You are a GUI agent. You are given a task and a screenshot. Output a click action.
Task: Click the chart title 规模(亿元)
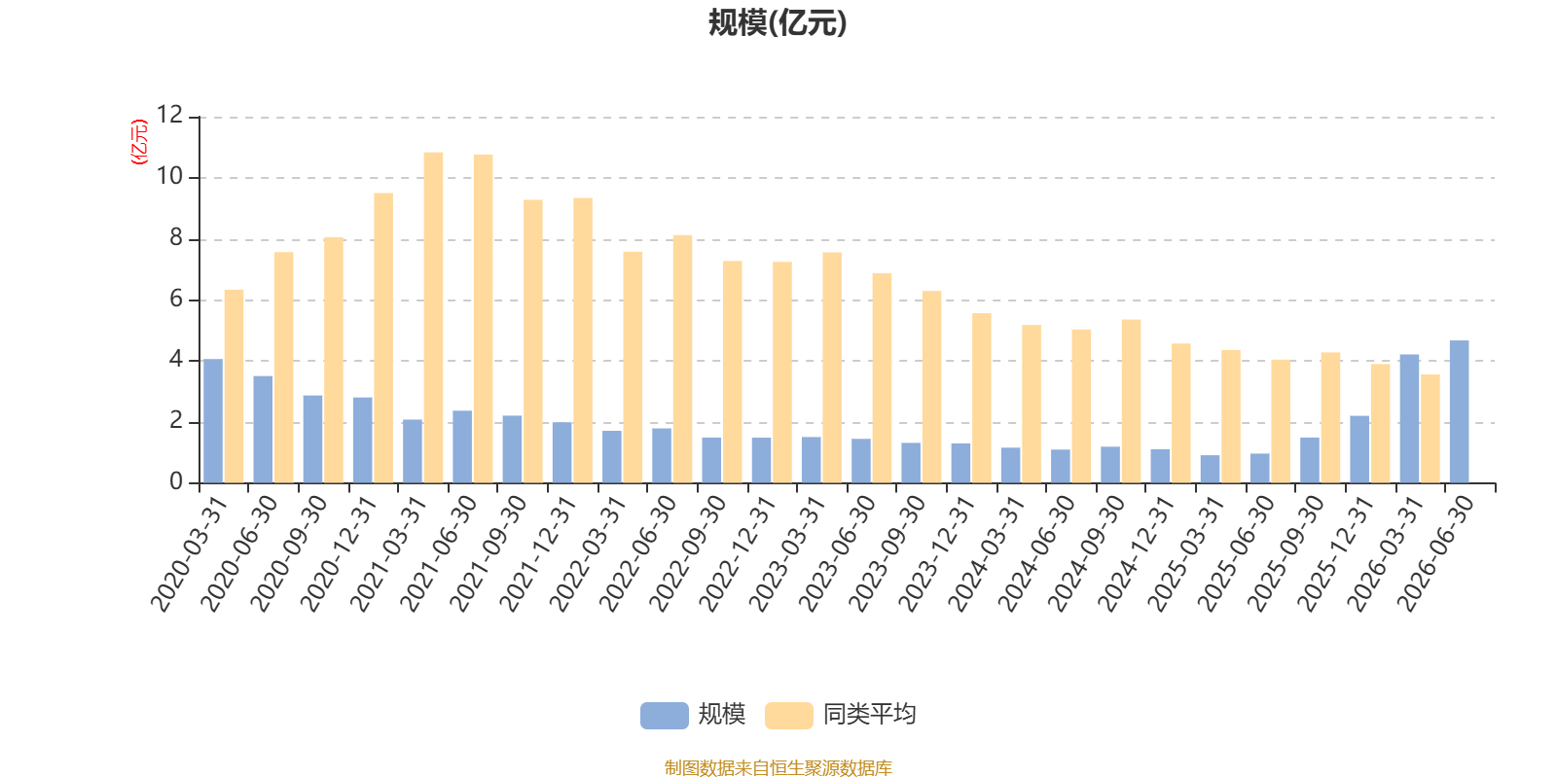coord(778,23)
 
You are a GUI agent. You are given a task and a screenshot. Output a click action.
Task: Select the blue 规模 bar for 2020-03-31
coord(213,421)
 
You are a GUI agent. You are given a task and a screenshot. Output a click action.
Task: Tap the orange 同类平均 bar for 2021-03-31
coord(433,317)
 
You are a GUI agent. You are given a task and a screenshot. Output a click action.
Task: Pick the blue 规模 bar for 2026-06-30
coord(1459,411)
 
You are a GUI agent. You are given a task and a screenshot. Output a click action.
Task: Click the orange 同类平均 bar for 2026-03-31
coord(1430,429)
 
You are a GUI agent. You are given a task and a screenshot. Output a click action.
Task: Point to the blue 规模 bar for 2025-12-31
coord(1359,449)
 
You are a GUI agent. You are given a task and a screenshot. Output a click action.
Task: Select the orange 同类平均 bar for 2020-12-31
coord(383,337)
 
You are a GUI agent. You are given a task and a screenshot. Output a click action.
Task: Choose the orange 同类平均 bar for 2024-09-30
coord(1131,402)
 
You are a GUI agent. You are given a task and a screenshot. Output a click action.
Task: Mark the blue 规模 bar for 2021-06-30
coord(462,446)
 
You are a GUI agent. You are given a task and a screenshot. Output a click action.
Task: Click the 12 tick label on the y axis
coord(169,115)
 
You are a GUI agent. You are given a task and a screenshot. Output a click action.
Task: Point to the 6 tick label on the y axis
coord(176,300)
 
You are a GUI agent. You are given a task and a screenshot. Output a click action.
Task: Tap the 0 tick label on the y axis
coord(176,481)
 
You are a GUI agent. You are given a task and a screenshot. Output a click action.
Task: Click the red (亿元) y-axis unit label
coord(140,141)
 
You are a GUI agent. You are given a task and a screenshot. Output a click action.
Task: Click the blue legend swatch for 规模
coord(665,716)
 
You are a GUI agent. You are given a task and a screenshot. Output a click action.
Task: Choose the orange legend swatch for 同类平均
coord(789,716)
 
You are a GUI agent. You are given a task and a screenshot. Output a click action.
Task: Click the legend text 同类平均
coord(870,715)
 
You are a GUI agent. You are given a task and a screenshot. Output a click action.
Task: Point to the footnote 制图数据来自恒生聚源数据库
coord(778,767)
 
